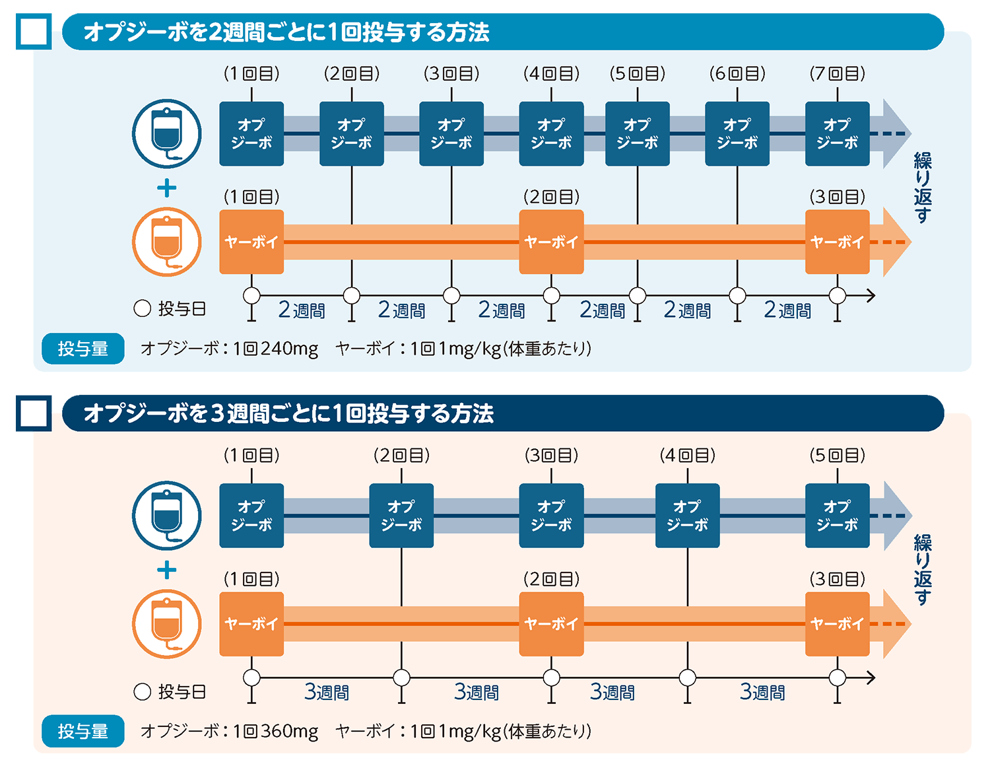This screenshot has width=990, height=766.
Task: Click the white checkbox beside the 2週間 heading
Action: pyautogui.click(x=34, y=32)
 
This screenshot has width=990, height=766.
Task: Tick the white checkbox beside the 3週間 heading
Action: pyautogui.click(x=34, y=413)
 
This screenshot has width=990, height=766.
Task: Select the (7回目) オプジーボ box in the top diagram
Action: pyautogui.click(x=837, y=133)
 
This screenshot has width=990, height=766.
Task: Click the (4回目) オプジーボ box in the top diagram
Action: pyautogui.click(x=551, y=133)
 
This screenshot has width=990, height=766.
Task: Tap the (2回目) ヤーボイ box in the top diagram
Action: pyautogui.click(x=551, y=242)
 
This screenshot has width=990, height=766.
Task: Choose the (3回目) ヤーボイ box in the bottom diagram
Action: pyautogui.click(x=837, y=623)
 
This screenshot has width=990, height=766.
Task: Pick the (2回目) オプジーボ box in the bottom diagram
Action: pyautogui.click(x=401, y=515)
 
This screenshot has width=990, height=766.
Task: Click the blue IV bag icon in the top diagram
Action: pyautogui.click(x=166, y=133)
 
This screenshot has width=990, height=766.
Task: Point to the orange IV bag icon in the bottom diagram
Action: pyautogui.click(x=166, y=623)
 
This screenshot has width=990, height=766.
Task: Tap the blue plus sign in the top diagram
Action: pyautogui.click(x=166, y=188)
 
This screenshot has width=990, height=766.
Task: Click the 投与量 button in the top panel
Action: pyautogui.click(x=82, y=349)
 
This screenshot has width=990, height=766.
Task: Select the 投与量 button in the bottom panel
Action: pyautogui.click(x=82, y=731)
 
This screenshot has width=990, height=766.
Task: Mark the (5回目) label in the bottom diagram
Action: pyautogui.click(x=837, y=455)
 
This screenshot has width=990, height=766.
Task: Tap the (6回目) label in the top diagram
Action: pyautogui.click(x=737, y=73)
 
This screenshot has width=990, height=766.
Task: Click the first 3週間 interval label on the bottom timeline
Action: pyautogui.click(x=327, y=692)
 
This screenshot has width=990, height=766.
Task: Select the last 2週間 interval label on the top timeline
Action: pyautogui.click(x=787, y=310)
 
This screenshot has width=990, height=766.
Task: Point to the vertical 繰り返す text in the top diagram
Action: pyautogui.click(x=922, y=188)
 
